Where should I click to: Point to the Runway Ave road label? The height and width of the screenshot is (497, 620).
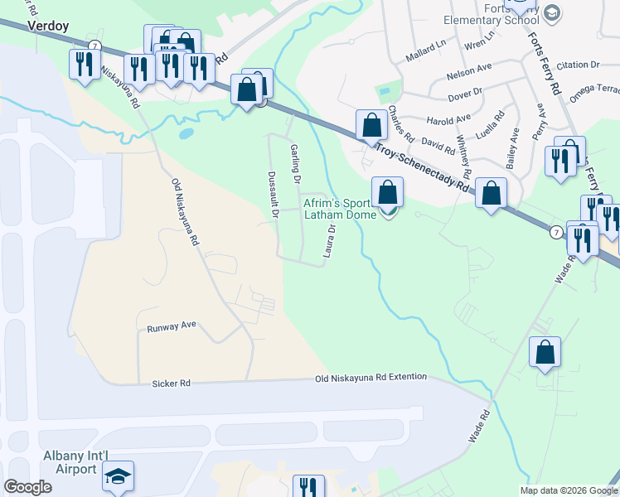pos(171,326)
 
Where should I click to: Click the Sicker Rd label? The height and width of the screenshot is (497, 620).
pos(172,384)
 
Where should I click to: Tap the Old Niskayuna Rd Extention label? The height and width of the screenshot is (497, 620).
pos(371,377)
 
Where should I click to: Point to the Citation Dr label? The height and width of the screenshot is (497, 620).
pos(578,64)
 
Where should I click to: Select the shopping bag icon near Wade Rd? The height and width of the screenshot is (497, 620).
pos(545,352)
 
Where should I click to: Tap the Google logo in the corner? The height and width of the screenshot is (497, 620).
pos(27,487)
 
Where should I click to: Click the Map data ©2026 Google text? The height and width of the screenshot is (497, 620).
pos(569,490)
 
